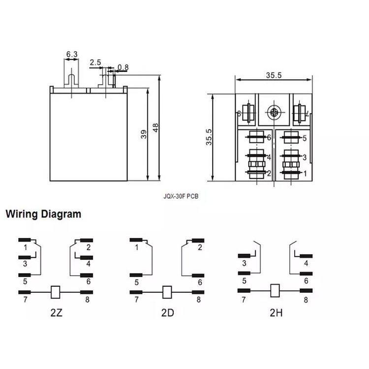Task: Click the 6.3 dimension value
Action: (71, 54)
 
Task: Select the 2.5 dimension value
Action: (95, 63)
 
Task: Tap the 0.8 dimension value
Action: (123, 67)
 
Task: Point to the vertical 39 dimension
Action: (144, 134)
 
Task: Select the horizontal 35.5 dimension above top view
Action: (274, 75)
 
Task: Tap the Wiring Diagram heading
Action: (43, 215)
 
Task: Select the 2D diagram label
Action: (167, 312)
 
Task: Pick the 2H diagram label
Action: (276, 312)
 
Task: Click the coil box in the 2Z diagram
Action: (56, 292)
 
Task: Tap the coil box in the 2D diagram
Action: (167, 292)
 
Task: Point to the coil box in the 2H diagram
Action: (276, 290)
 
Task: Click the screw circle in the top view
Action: (274, 113)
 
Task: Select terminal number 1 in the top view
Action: (305, 173)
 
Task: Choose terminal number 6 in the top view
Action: (269, 138)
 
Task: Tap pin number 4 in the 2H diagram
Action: (306, 263)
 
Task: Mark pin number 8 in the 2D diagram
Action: (199, 299)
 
